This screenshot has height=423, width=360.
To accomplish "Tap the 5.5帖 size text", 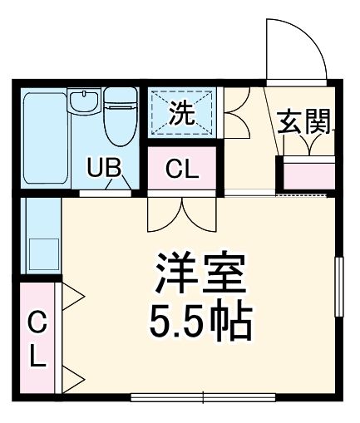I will pyautogui.click(x=200, y=322).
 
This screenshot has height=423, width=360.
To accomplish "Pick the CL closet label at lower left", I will pyautogui.click(x=37, y=338).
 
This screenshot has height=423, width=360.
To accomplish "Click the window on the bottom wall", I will pyautogui.click(x=205, y=396).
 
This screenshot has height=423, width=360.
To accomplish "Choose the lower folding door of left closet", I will pyautogui.click(x=70, y=378).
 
